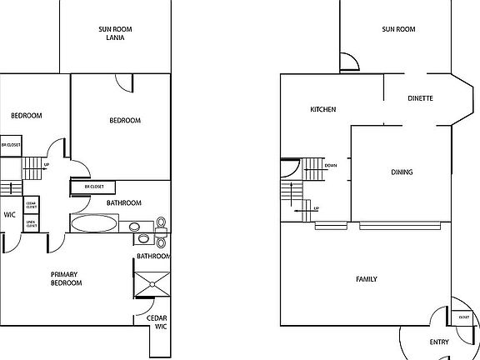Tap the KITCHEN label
[x=322, y=110]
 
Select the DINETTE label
[x=420, y=97]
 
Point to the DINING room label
[x=402, y=172]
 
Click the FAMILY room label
[x=367, y=280]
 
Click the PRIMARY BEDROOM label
[x=66, y=279]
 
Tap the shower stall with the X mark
[x=152, y=282]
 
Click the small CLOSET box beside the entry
[x=463, y=317]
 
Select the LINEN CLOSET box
[x=31, y=222]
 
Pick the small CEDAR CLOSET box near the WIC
[x=31, y=204]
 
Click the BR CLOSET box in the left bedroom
[x=11, y=144]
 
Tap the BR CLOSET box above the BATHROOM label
[x=93, y=187]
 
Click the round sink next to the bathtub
[x=134, y=226]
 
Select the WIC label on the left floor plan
[x=10, y=213]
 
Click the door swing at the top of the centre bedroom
[x=124, y=82]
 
